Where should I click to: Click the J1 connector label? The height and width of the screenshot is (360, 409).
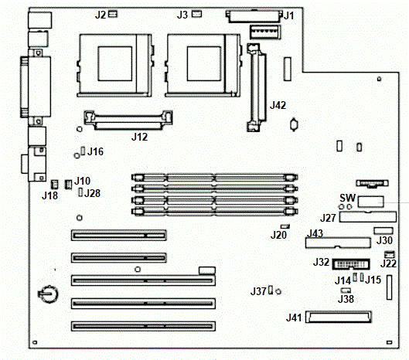(x=288, y=16)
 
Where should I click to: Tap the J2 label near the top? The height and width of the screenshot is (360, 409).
(x=101, y=15)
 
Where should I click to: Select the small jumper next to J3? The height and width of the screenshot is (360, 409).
(x=196, y=14)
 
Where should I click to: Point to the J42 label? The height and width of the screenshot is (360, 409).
(x=278, y=105)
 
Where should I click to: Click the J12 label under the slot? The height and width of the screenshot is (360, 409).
(x=139, y=137)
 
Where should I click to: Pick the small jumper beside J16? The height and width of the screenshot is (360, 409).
(x=83, y=151)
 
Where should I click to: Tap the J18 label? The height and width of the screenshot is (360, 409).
(x=49, y=195)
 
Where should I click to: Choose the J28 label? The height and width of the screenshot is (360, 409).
(x=92, y=193)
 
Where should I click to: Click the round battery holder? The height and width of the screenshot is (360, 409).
(x=49, y=294)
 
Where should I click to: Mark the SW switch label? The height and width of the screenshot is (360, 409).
(x=347, y=198)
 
